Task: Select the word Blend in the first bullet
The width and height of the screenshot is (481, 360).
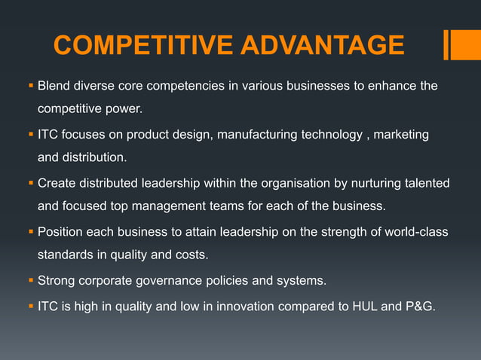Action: (54, 86)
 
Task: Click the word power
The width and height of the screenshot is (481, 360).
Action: (124, 109)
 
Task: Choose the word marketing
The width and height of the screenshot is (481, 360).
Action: (397, 135)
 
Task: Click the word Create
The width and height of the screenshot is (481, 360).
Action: (57, 183)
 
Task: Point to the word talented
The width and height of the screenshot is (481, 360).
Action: (424, 183)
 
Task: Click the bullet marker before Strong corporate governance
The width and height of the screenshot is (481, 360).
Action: (31, 281)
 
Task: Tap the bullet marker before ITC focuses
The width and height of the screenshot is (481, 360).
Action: (31, 135)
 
